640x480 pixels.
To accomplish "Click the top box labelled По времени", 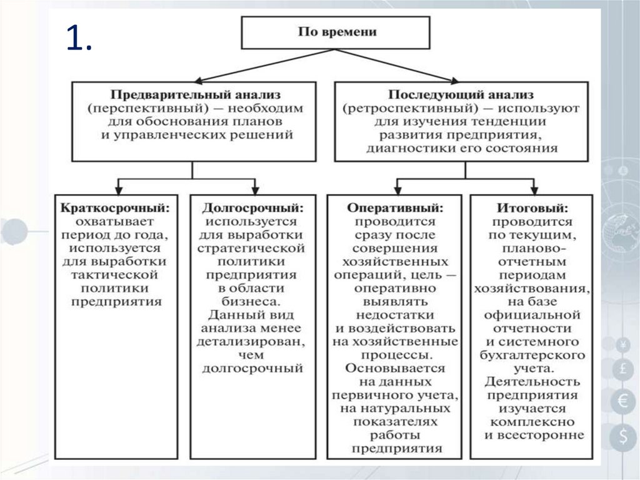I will pos(336,32).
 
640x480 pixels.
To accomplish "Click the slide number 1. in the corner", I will pos(79,39).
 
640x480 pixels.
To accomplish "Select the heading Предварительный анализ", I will pos(196,95).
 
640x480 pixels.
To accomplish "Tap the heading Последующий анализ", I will pos(461,95).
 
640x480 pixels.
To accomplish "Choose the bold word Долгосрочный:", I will pos(252,208).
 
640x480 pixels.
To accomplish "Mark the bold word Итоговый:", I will pos(533,208).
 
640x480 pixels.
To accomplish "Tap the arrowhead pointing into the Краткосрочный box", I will pos(119,188).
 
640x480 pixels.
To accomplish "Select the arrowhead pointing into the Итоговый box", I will pos(534,188).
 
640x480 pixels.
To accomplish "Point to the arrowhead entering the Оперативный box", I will pos(396,188).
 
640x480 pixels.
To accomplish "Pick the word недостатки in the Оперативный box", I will pos(394,315).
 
